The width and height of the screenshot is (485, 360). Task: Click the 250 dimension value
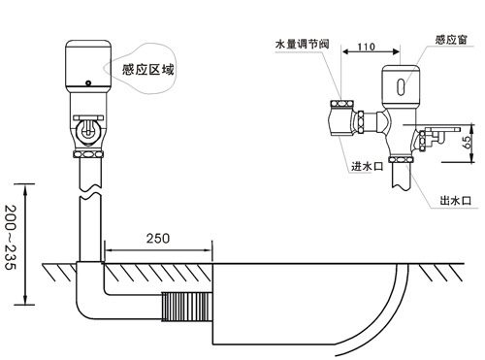pyautogui.click(x=158, y=238)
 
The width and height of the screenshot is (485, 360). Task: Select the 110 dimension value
pyautogui.click(x=366, y=47)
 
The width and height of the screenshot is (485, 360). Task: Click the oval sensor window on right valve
pyautogui.click(x=399, y=85)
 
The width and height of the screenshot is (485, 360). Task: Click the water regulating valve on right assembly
pyautogui.click(x=340, y=115)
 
